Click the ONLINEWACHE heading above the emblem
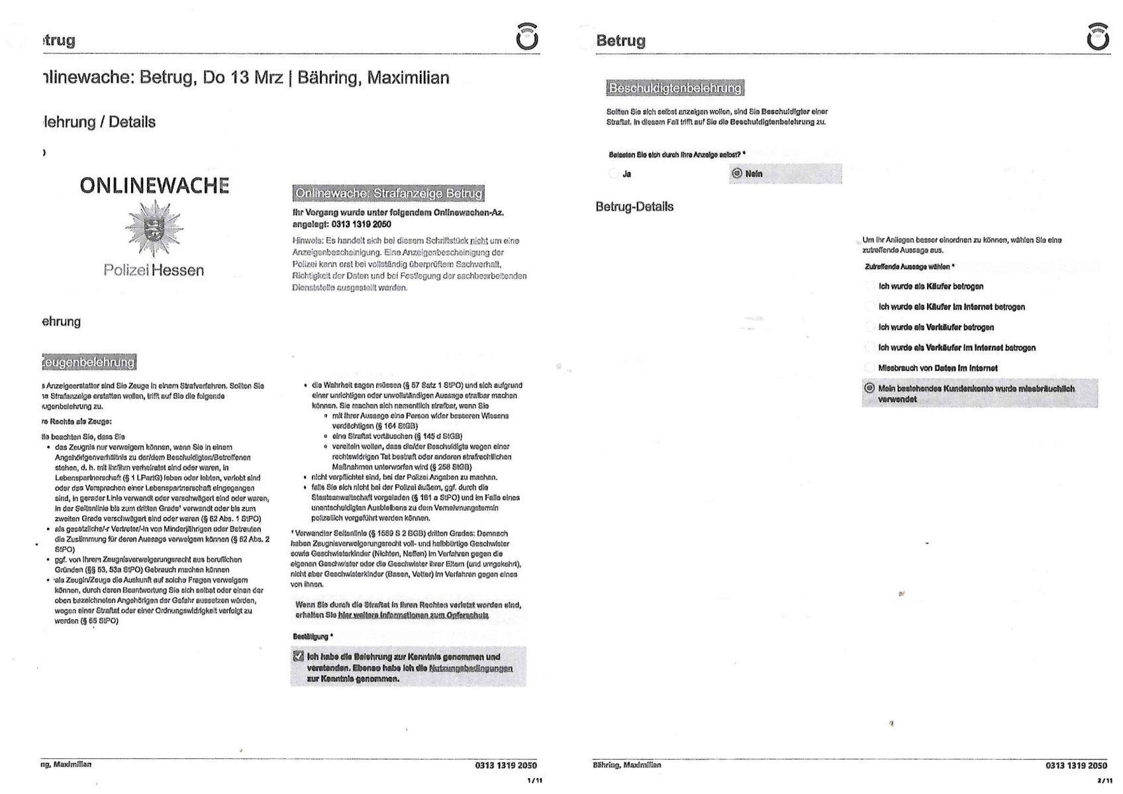coord(154,185)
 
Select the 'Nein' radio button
coord(737,174)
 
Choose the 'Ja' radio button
coord(614,174)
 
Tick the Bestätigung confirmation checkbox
coord(299,656)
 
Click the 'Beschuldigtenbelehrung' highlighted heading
coord(675,88)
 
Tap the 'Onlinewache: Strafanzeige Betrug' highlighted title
coord(389,193)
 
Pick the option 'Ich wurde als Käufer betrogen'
coord(869,286)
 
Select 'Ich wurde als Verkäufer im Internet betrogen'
coord(869,347)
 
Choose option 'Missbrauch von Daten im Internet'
coord(869,368)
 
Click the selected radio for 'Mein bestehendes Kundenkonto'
coord(869,388)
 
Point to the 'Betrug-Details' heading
coord(634,207)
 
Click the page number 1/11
coord(534,781)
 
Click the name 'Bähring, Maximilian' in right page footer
coord(626,765)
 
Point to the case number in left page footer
coord(506,766)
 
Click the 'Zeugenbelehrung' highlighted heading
coord(89,362)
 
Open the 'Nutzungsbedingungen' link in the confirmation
coord(471,668)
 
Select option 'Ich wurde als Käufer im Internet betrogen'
coord(869,307)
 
